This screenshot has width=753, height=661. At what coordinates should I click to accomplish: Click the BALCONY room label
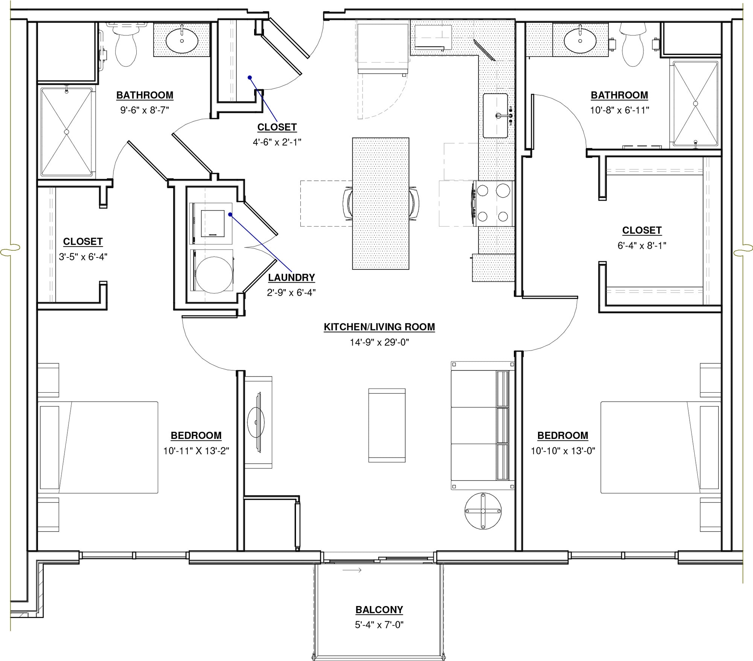pyautogui.click(x=379, y=609)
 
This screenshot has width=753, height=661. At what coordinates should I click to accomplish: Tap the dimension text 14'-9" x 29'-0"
pyautogui.click(x=379, y=342)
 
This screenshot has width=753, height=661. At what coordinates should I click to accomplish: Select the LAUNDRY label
pyautogui.click(x=291, y=277)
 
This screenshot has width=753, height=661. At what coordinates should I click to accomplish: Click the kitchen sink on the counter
pyautogui.click(x=495, y=116)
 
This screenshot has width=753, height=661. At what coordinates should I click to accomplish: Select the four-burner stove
pyautogui.click(x=493, y=204)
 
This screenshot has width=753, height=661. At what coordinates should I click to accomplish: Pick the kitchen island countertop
pyautogui.click(x=381, y=203)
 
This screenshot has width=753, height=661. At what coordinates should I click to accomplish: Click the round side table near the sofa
pyautogui.click(x=483, y=511)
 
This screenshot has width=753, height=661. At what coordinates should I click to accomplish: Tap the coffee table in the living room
pyautogui.click(x=387, y=425)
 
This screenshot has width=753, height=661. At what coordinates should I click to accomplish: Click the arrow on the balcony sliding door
pyautogui.click(x=352, y=570)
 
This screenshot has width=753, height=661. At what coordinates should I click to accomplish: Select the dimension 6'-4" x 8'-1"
pyautogui.click(x=642, y=245)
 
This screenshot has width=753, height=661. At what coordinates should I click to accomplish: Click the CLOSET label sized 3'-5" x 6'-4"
pyautogui.click(x=83, y=241)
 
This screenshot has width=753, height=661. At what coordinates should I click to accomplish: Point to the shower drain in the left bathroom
pyautogui.click(x=67, y=132)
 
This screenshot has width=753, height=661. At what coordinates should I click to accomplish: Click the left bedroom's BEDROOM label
pyautogui.click(x=196, y=436)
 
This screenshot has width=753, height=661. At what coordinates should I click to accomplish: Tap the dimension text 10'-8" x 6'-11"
pyautogui.click(x=620, y=110)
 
